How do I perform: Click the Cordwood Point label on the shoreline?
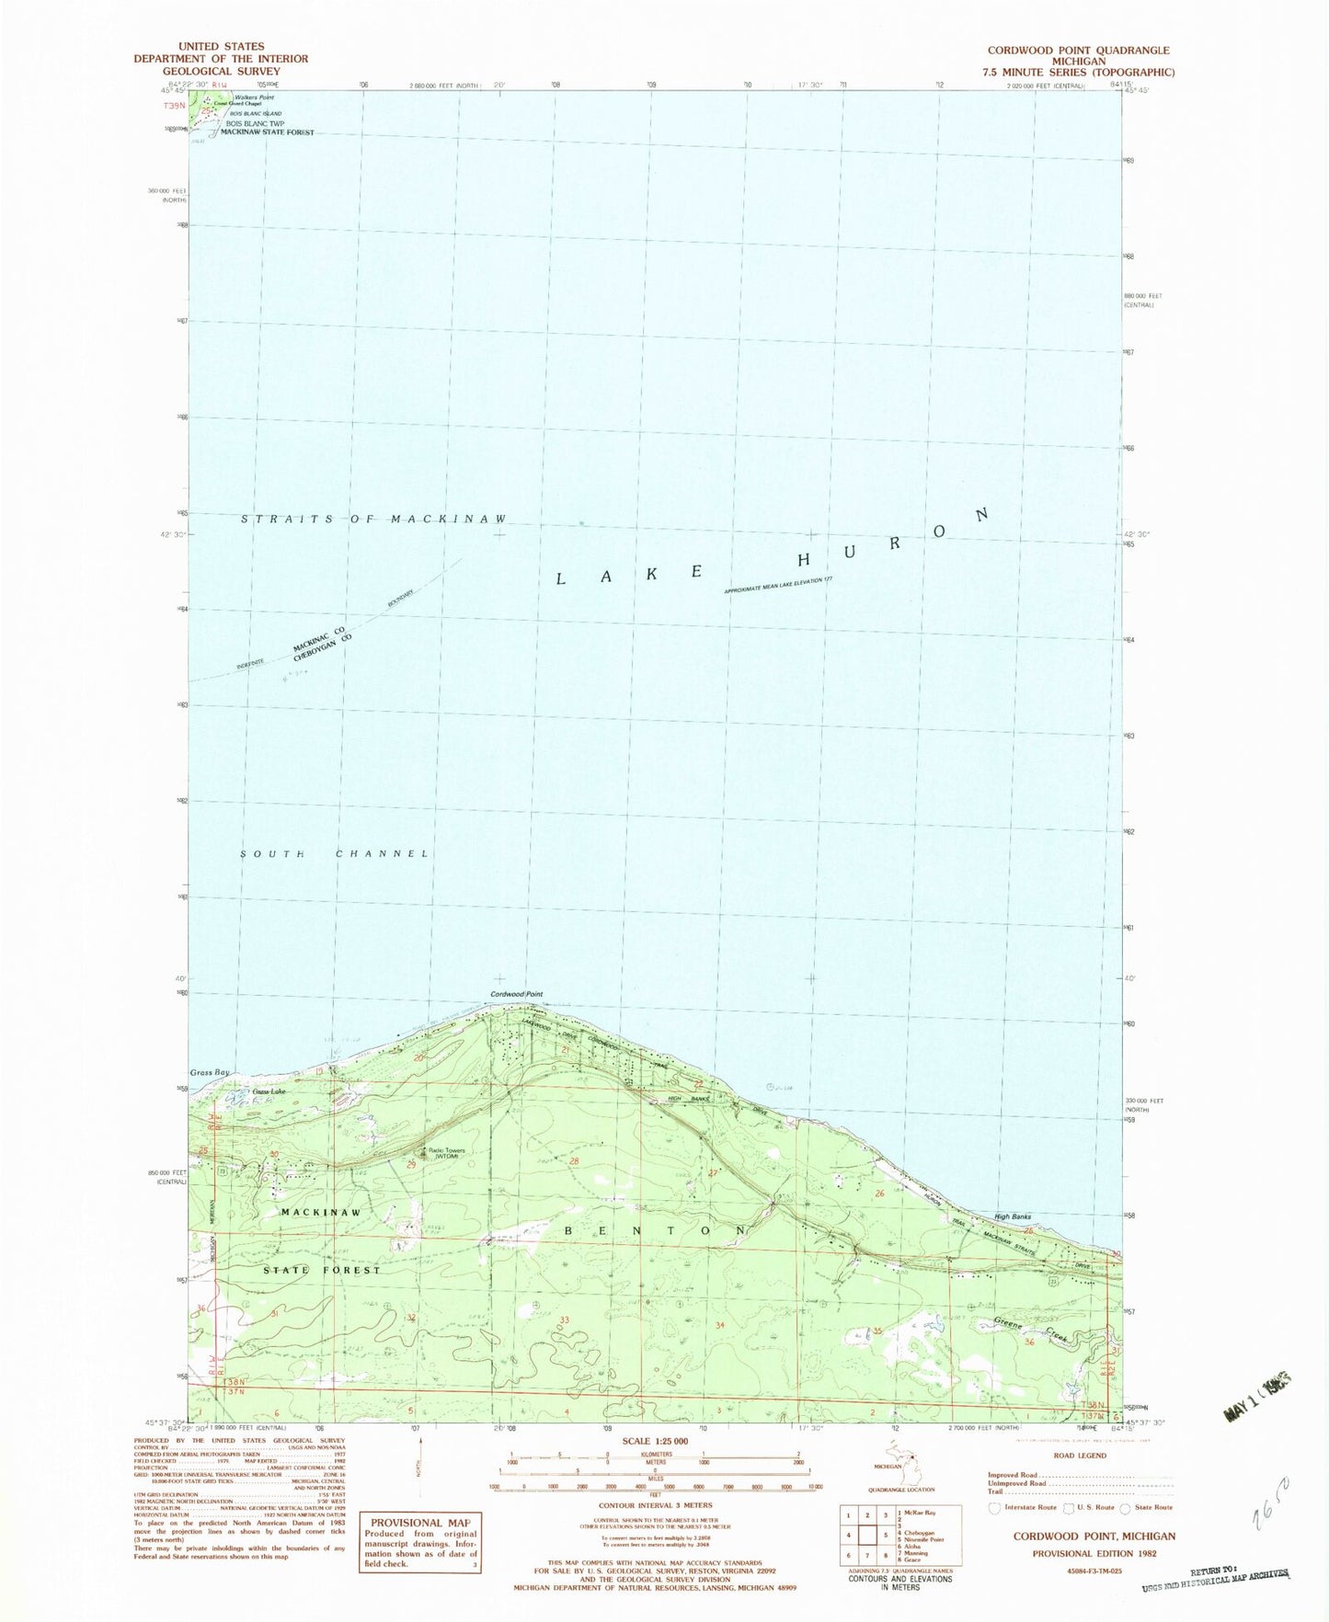517,994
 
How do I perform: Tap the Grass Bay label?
207,1073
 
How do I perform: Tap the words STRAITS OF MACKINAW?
373,520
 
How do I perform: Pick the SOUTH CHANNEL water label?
335,854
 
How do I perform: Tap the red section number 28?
574,1162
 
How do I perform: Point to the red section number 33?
565,1320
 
